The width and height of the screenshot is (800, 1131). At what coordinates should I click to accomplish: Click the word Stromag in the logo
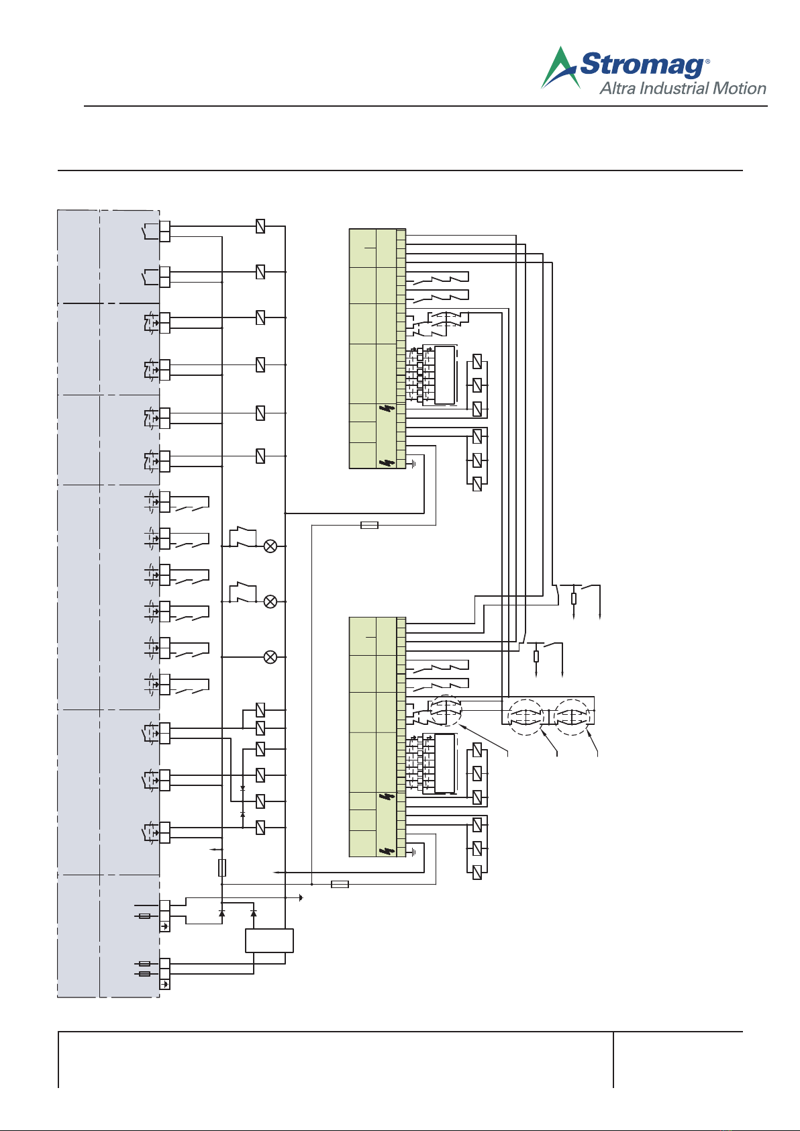tap(642, 64)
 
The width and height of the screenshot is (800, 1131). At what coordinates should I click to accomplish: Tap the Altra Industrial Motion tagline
tap(683, 89)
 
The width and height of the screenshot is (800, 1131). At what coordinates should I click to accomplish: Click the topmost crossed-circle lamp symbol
tap(270, 546)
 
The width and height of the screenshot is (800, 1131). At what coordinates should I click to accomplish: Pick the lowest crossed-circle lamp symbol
tap(270, 657)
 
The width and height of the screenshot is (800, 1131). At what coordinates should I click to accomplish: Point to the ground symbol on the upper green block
tap(413, 464)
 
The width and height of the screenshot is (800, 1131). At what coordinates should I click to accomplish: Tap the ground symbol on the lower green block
tap(413, 852)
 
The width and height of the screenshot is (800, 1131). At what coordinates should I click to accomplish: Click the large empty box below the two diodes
tap(269, 940)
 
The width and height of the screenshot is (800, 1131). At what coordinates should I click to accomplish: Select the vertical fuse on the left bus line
tap(222, 867)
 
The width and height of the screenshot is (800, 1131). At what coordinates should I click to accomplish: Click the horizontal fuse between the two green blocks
tap(370, 525)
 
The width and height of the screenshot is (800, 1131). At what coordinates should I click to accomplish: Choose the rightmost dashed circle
tap(571, 717)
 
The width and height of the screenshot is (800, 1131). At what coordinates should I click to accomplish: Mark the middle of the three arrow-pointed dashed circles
tap(526, 717)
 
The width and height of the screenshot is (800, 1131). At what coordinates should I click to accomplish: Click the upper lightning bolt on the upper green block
tap(387, 408)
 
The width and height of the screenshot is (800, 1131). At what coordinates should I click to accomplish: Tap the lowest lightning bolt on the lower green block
tap(387, 851)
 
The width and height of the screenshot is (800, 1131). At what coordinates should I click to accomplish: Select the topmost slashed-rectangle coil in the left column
tap(260, 226)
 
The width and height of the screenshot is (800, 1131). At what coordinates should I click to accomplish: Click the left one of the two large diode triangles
tap(221, 913)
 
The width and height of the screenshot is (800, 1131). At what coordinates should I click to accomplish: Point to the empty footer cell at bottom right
tap(678, 1060)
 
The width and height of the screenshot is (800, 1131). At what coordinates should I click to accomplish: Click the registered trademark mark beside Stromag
tap(707, 61)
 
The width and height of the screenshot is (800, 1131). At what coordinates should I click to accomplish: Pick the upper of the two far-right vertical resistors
tap(574, 599)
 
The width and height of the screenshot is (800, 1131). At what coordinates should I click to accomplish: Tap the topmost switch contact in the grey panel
tap(150, 231)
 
